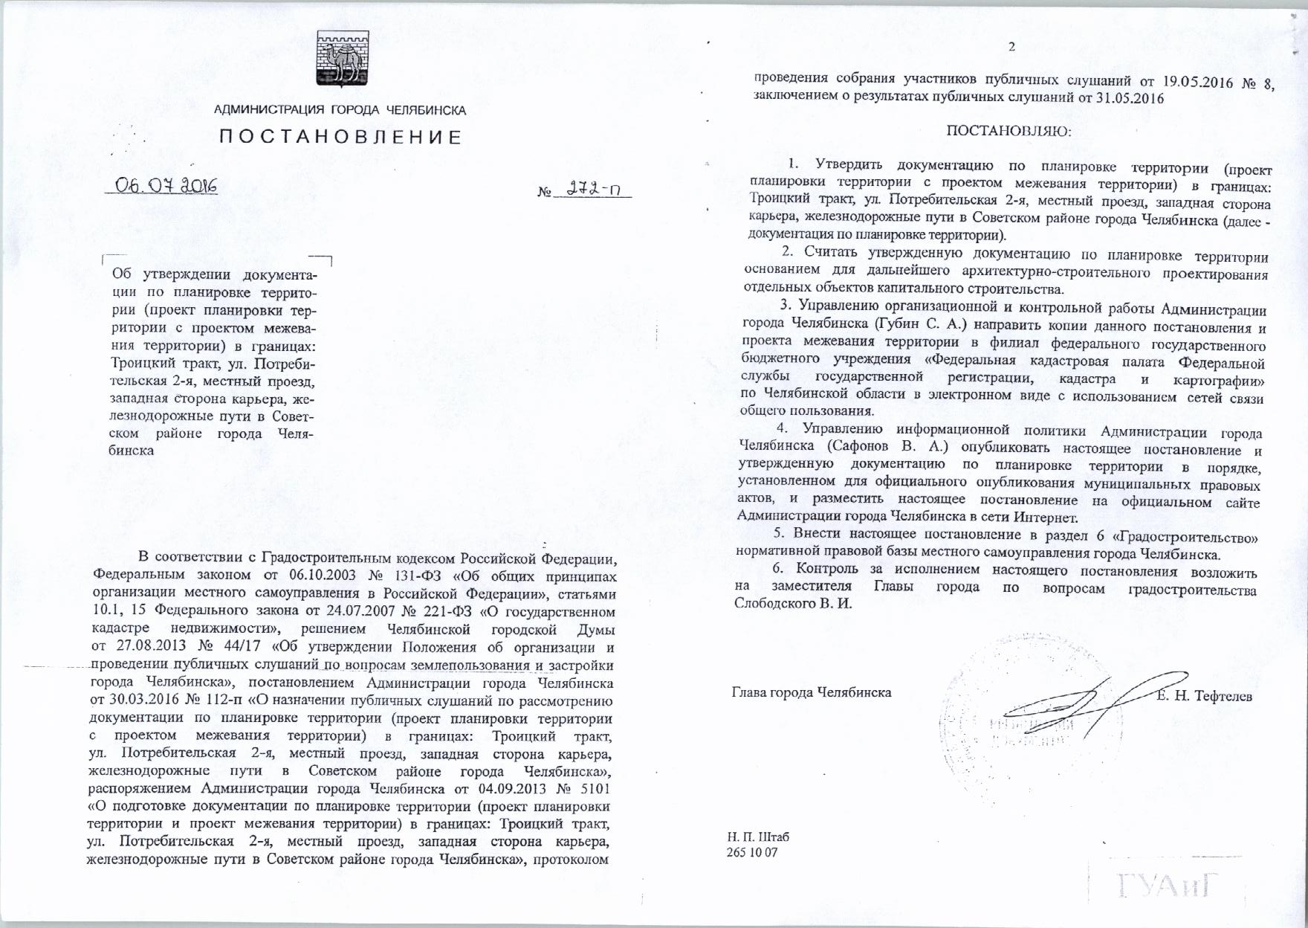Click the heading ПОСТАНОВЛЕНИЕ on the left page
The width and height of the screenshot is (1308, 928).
tap(340, 138)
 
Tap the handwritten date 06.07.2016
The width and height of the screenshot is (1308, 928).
tap(165, 185)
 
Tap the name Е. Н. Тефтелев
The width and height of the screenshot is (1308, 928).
tap(1204, 696)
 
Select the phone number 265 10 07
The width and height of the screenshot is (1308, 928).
tap(752, 852)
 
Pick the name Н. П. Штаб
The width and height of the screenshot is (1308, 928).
tap(759, 837)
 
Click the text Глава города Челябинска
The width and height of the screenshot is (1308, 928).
tap(812, 692)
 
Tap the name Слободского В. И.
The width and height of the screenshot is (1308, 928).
tap(792, 604)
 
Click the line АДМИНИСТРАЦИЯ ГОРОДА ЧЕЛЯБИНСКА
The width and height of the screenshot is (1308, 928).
tap(340, 111)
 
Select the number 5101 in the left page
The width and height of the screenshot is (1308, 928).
tap(595, 787)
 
